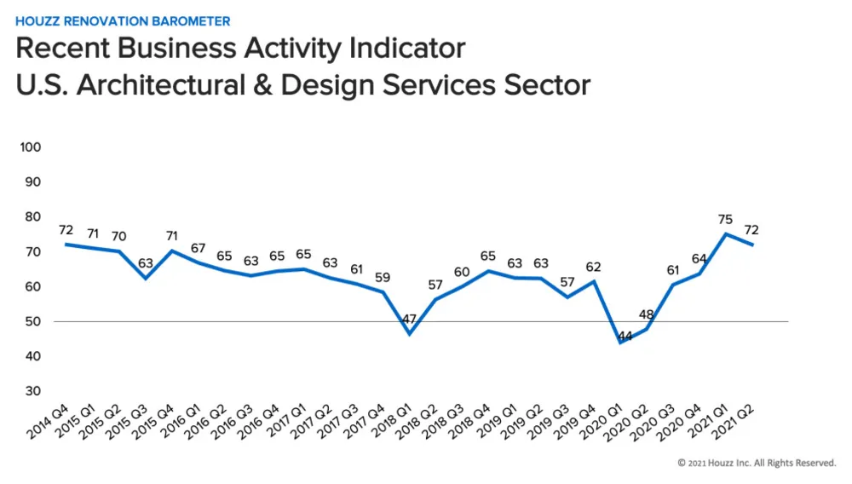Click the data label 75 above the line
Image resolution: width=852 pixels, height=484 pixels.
pyautogui.click(x=725, y=219)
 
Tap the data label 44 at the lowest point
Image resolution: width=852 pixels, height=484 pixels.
pyautogui.click(x=625, y=337)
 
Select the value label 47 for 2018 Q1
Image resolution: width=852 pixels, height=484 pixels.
pyautogui.click(x=410, y=319)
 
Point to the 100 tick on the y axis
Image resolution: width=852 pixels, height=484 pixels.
pyautogui.click(x=31, y=147)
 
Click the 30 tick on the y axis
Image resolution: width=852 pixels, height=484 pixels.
pyautogui.click(x=33, y=391)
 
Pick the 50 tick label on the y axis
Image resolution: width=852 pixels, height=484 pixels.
pyautogui.click(x=33, y=321)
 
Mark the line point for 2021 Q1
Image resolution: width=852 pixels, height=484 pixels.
pyautogui.click(x=726, y=233)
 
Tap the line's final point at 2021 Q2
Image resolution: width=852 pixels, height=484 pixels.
pyautogui.click(x=752, y=245)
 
